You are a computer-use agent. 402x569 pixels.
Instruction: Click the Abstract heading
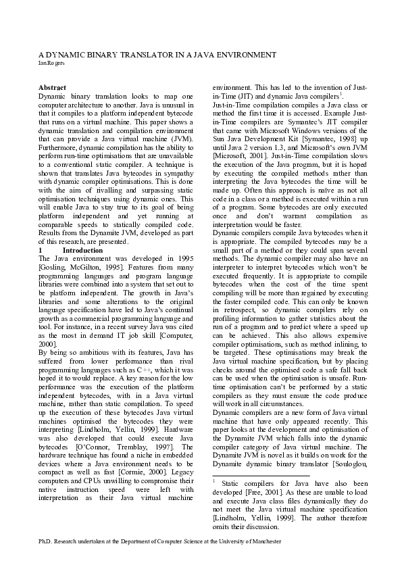pos(52,89)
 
